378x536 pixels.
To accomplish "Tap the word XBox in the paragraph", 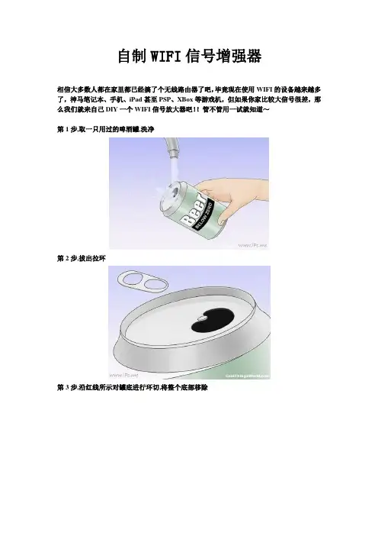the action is pos(185,99).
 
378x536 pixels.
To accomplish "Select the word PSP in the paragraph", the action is pos(165,99).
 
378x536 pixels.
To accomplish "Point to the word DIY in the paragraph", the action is pos(111,109).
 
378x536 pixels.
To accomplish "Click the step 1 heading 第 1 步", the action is pos(67,129).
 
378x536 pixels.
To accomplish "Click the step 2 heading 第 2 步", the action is pos(67,258).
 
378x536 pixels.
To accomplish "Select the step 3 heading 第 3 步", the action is pos(67,388).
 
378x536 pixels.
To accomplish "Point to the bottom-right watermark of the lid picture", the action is pos(248,376).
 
